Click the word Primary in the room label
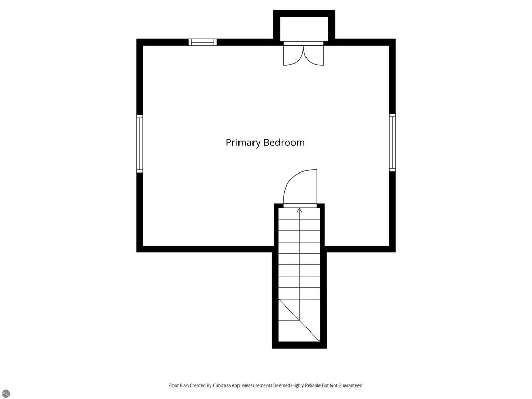(x=243, y=143)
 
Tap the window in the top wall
(x=202, y=42)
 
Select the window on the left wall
(x=139, y=144)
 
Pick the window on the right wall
(x=392, y=143)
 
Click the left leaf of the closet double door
(x=292, y=55)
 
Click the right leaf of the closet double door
(x=314, y=55)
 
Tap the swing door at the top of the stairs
(x=301, y=188)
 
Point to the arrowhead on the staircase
(x=299, y=210)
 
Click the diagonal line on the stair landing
(x=299, y=320)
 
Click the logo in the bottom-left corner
(x=6, y=393)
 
